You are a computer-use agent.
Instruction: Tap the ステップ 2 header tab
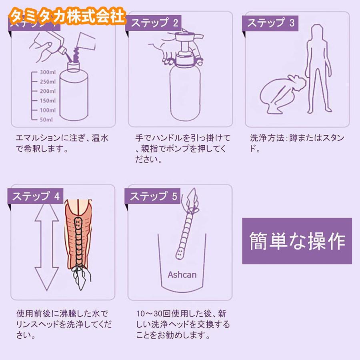click(x=154, y=23)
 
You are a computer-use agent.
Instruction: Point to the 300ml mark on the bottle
click(x=47, y=72)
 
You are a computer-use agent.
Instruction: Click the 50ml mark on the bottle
click(x=47, y=119)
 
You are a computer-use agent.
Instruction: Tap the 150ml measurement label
click(x=47, y=100)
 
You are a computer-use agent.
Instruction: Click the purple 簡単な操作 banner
click(x=297, y=240)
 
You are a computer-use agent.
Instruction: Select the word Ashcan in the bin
click(x=182, y=275)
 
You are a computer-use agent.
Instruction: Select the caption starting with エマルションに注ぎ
click(x=62, y=144)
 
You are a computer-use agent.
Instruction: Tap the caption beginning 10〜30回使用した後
click(x=182, y=324)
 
